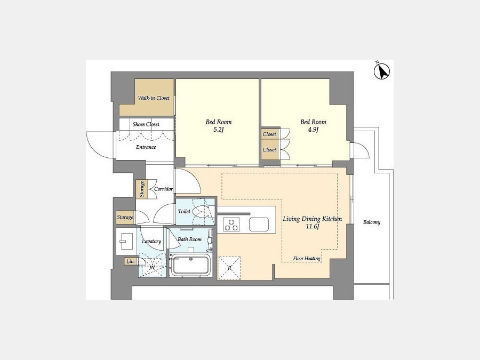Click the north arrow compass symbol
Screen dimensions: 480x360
click(381, 71)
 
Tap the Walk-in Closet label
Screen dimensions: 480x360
click(154, 98)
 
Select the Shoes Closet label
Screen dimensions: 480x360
click(146, 124)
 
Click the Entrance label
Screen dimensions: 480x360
click(146, 147)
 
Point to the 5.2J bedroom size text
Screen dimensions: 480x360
click(219, 130)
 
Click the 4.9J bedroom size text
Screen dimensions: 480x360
click(313, 130)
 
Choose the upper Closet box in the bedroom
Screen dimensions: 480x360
click(270, 134)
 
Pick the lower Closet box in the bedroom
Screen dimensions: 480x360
click(270, 150)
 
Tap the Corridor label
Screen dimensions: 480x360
click(164, 189)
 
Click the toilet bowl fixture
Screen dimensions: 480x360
click(202, 211)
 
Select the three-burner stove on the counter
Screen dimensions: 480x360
click(231, 224)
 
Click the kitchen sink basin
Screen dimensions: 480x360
click(259, 224)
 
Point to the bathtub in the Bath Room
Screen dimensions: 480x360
click(190, 266)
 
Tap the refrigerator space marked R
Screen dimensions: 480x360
click(229, 268)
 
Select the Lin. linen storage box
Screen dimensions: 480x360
click(131, 261)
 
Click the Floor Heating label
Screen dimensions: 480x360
click(307, 258)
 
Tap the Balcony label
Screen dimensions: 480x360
click(372, 222)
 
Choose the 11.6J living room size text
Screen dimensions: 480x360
click(312, 227)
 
